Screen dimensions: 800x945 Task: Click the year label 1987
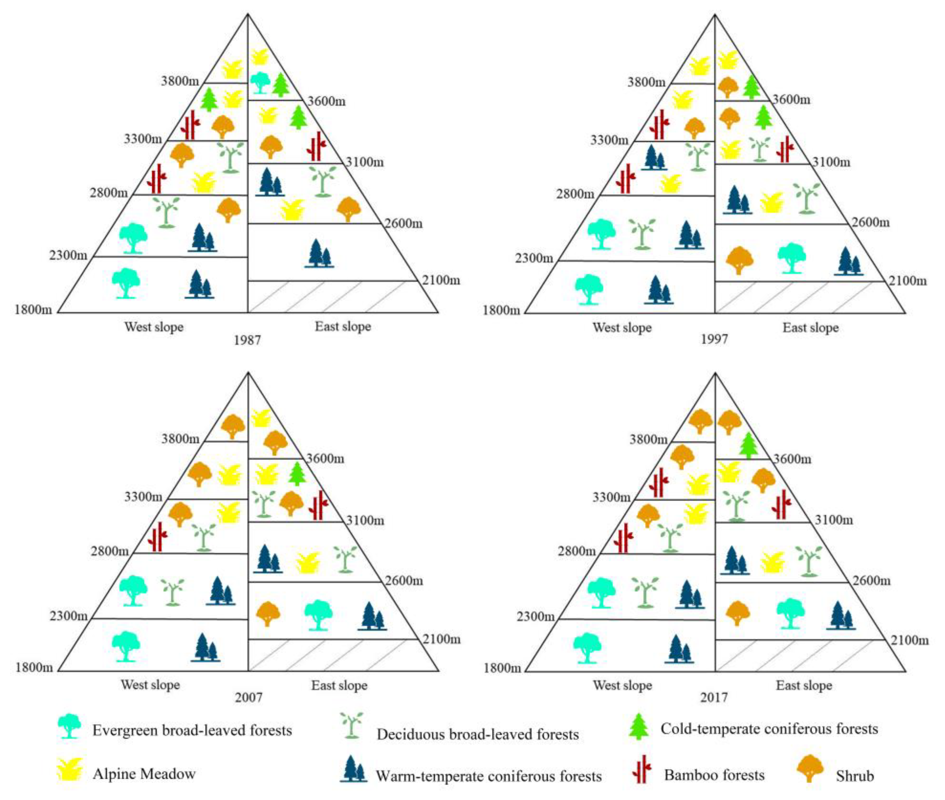point(247,340)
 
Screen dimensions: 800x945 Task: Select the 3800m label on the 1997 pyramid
point(647,82)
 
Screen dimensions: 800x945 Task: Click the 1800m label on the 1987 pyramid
point(33,310)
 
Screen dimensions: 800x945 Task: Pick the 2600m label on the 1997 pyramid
point(870,223)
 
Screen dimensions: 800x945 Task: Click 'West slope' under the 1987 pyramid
point(154,327)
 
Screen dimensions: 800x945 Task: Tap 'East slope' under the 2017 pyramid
point(804,685)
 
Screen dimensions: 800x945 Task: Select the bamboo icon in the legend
point(641,770)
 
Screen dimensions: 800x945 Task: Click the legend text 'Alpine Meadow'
point(144,773)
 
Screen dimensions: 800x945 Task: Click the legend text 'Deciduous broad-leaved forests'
point(477,734)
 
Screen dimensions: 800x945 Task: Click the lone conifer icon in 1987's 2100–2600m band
point(319,254)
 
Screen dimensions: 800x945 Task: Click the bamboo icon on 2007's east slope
point(318,505)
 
